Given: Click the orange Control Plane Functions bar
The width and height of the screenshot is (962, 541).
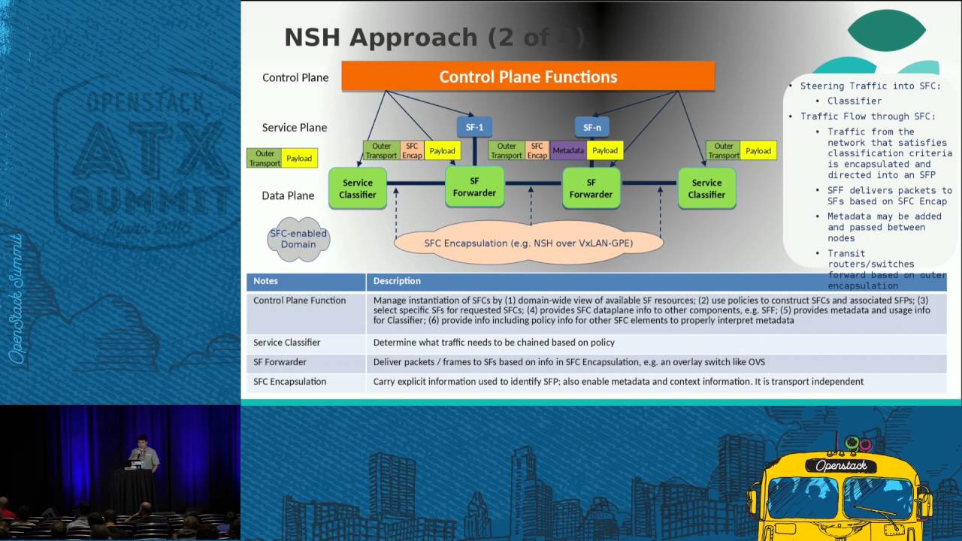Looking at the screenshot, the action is pyautogui.click(x=528, y=77).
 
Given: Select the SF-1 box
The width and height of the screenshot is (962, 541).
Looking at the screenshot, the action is pyautogui.click(x=474, y=127).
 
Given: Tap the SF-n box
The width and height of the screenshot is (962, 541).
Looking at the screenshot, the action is pyautogui.click(x=592, y=127).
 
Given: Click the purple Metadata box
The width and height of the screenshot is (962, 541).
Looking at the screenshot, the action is pyautogui.click(x=567, y=150).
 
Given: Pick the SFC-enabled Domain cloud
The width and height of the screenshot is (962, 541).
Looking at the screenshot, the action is pyautogui.click(x=298, y=239).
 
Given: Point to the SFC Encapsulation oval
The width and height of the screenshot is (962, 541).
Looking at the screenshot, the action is pyautogui.click(x=528, y=243).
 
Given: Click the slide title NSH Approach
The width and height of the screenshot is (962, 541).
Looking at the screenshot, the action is pyautogui.click(x=380, y=38).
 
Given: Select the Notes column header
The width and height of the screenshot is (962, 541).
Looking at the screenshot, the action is pyautogui.click(x=265, y=281).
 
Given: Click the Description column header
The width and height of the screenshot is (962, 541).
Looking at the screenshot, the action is pyautogui.click(x=397, y=281).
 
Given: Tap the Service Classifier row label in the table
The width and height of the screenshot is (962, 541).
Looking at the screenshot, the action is pyautogui.click(x=286, y=343).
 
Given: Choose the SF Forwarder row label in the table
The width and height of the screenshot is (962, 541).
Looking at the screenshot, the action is pyautogui.click(x=280, y=362).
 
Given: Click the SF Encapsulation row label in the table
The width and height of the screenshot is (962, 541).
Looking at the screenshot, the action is pyautogui.click(x=289, y=382).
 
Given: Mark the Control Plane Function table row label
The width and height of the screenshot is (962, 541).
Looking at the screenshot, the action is pyautogui.click(x=299, y=301).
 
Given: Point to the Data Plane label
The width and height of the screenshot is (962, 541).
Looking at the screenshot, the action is pyautogui.click(x=288, y=195).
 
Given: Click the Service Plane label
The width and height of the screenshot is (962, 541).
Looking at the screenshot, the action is pyautogui.click(x=294, y=128).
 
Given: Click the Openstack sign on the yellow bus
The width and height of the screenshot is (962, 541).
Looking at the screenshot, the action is pyautogui.click(x=841, y=466).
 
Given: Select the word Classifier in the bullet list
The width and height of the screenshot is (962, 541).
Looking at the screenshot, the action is pyautogui.click(x=855, y=101).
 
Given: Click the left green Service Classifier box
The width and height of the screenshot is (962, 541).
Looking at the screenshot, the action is pyautogui.click(x=357, y=189).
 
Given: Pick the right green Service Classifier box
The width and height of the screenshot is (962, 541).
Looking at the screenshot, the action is pyautogui.click(x=706, y=189).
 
